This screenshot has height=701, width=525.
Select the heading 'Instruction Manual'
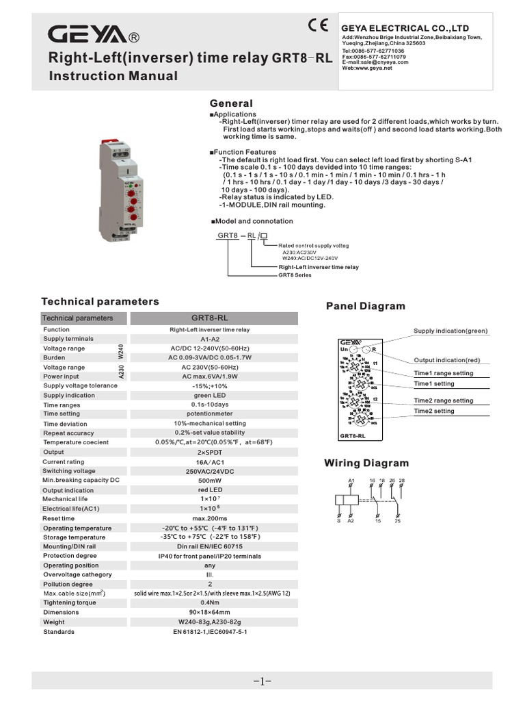click(113, 76)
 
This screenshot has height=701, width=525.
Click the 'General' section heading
click(230, 103)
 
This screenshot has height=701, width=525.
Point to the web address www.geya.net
click(368, 68)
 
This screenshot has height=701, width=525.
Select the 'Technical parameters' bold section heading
click(100, 301)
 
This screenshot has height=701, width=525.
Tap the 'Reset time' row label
click(59, 519)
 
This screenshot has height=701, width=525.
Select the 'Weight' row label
click(54, 622)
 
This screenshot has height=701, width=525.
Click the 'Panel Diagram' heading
click(366, 306)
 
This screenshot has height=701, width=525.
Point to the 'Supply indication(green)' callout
click(451, 331)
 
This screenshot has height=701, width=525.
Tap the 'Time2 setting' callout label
click(434, 411)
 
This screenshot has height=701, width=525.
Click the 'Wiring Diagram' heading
click(366, 463)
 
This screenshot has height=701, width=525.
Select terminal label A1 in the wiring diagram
click(351, 481)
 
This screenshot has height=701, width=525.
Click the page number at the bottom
click(262, 681)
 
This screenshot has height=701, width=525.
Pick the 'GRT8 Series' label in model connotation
click(295, 275)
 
